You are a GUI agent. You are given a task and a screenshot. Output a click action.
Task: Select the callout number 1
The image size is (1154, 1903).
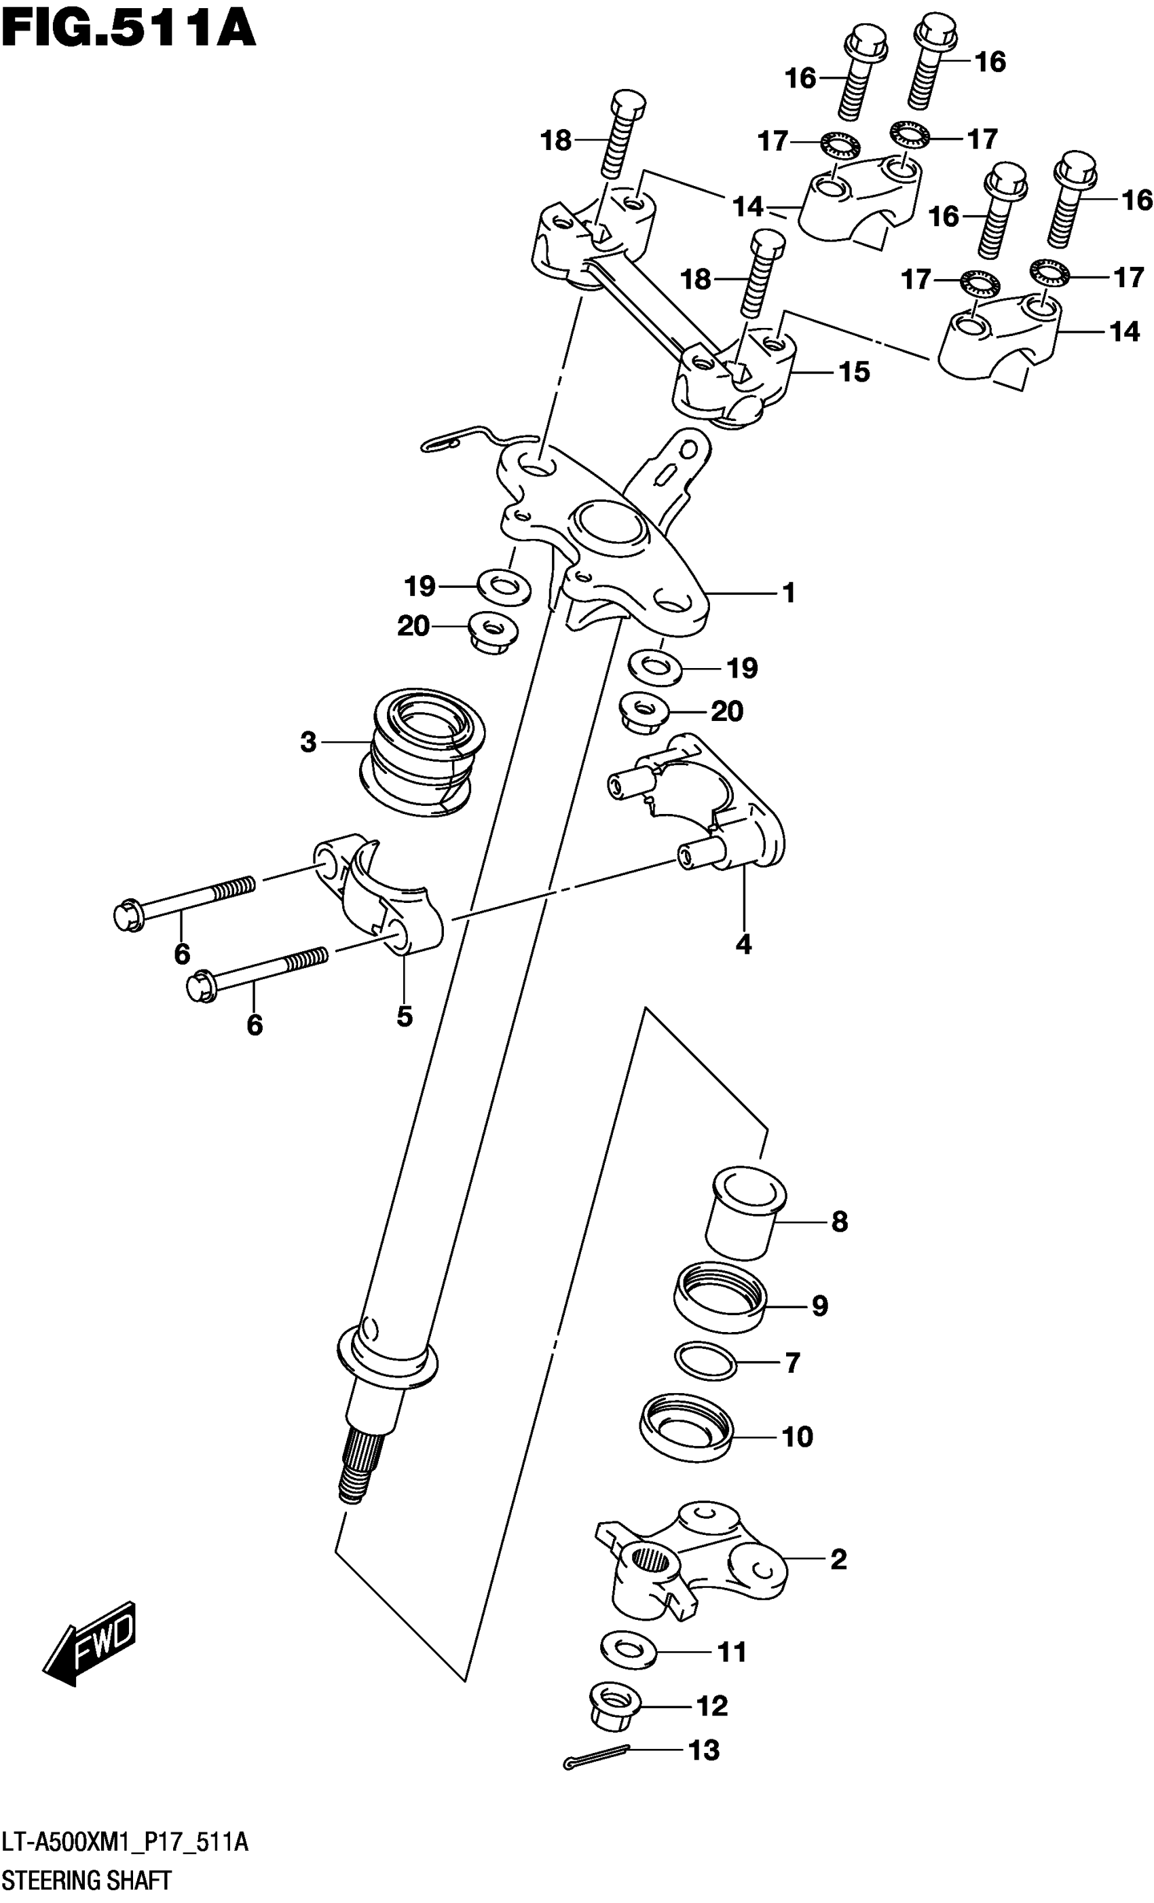[x=788, y=593]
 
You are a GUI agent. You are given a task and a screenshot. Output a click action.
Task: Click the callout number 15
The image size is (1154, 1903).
[x=855, y=372]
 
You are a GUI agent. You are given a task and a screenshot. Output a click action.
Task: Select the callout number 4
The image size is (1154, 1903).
[x=743, y=944]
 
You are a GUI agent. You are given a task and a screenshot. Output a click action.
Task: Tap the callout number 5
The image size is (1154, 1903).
[x=404, y=1017]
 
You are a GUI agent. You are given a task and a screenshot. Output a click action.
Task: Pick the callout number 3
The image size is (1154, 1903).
[x=308, y=743]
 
